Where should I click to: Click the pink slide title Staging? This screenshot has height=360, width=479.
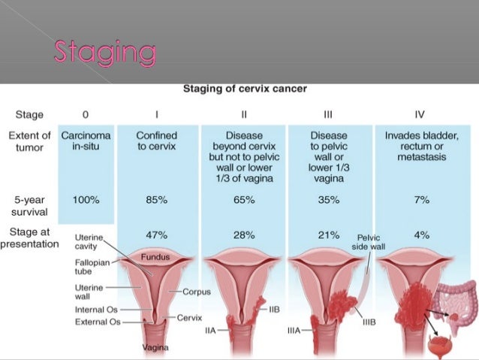[105, 53]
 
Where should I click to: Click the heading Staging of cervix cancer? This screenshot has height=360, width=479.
[246, 89]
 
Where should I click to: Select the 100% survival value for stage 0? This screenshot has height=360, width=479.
[86, 201]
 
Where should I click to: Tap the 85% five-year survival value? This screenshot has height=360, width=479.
[156, 201]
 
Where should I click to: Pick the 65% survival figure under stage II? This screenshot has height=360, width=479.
[244, 201]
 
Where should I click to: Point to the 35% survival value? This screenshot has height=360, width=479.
[329, 201]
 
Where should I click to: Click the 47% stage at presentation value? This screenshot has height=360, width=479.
[156, 235]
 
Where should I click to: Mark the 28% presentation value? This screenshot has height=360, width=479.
[244, 235]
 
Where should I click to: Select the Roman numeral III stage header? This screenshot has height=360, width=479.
[329, 115]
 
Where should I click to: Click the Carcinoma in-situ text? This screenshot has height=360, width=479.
[86, 142]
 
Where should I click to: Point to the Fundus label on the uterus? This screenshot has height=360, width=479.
[156, 258]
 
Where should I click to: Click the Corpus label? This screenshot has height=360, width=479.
[194, 291]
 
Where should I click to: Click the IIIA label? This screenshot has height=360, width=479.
[294, 330]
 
